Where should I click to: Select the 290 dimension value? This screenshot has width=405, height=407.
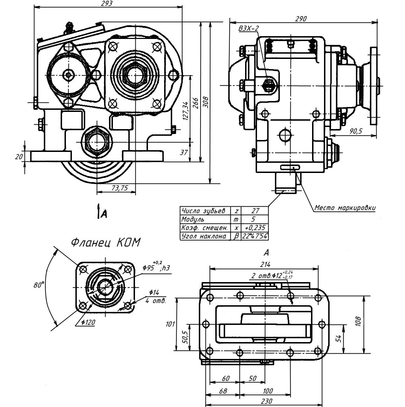pyautogui.click(x=301, y=19)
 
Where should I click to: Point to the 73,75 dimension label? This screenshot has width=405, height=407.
pyautogui.click(x=120, y=188)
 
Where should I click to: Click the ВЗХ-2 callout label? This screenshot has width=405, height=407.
pyautogui.click(x=249, y=28)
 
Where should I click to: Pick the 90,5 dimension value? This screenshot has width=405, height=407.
pyautogui.click(x=356, y=131)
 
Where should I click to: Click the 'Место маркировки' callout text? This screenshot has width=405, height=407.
pyautogui.click(x=345, y=208)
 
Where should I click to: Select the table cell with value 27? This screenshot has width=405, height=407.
pyautogui.click(x=255, y=211)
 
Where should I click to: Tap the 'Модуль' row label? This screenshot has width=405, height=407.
pyautogui.click(x=193, y=219)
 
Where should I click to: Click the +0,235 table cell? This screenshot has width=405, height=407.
pyautogui.click(x=255, y=228)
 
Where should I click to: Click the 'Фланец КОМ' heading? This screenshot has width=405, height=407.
pyautogui.click(x=106, y=242)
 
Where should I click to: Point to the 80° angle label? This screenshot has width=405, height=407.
pyautogui.click(x=39, y=285)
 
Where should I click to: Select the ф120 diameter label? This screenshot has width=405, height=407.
pyautogui.click(x=88, y=322)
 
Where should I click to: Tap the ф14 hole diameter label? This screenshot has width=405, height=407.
pyautogui.click(x=154, y=293)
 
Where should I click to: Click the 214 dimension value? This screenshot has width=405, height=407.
pyautogui.click(x=265, y=265)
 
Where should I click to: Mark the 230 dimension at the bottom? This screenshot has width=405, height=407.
pyautogui.click(x=266, y=401)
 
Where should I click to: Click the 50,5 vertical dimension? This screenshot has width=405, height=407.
pyautogui.click(x=185, y=337)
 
